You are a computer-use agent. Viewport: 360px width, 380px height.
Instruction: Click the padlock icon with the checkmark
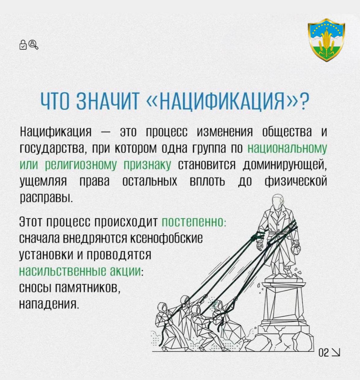tap(23, 45)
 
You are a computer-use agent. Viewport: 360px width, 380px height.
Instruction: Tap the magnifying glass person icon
tap(33, 44)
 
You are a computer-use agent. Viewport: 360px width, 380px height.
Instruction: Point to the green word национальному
tap(287, 149)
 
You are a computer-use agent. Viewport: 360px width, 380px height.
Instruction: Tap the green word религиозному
tap(81, 166)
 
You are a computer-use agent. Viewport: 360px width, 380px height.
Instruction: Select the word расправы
tap(46, 198)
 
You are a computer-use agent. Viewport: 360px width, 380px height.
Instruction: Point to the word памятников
tap(86, 288)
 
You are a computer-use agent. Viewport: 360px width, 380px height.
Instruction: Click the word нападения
tap(49, 305)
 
